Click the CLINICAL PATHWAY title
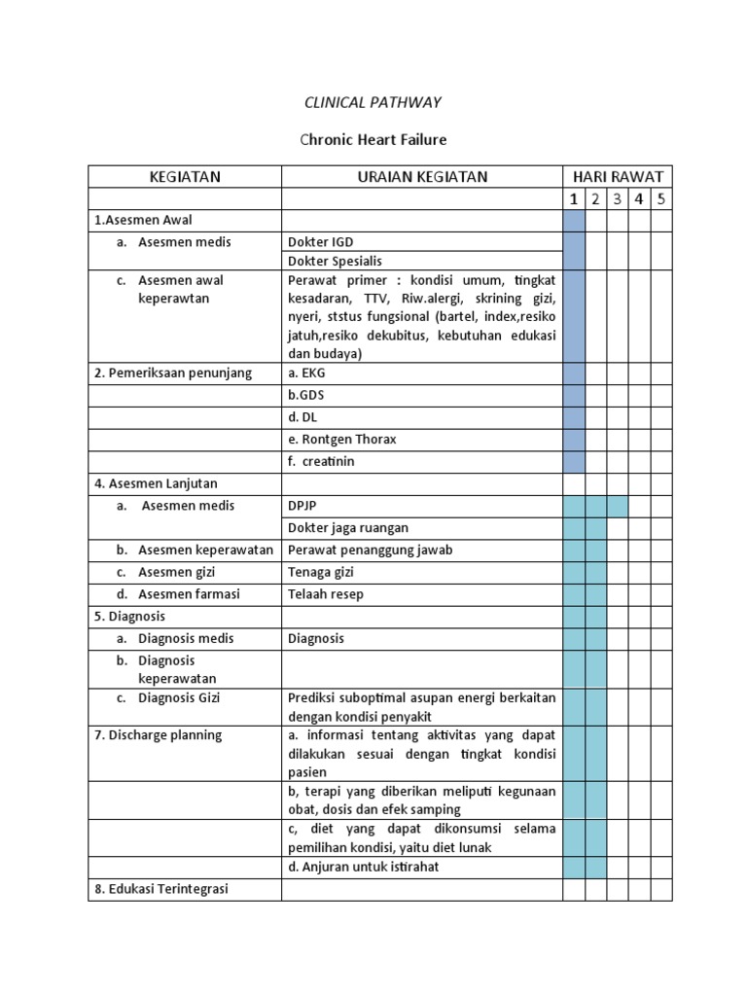tap(373, 102)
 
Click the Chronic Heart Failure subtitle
tap(373, 139)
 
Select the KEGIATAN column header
tap(185, 176)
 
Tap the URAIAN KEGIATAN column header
tap(422, 176)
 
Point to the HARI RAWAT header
tap(618, 176)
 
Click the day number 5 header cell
tap(661, 199)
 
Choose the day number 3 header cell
tap(617, 199)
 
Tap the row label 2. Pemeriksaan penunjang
tap(173, 373)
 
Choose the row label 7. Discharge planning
tap(159, 734)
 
